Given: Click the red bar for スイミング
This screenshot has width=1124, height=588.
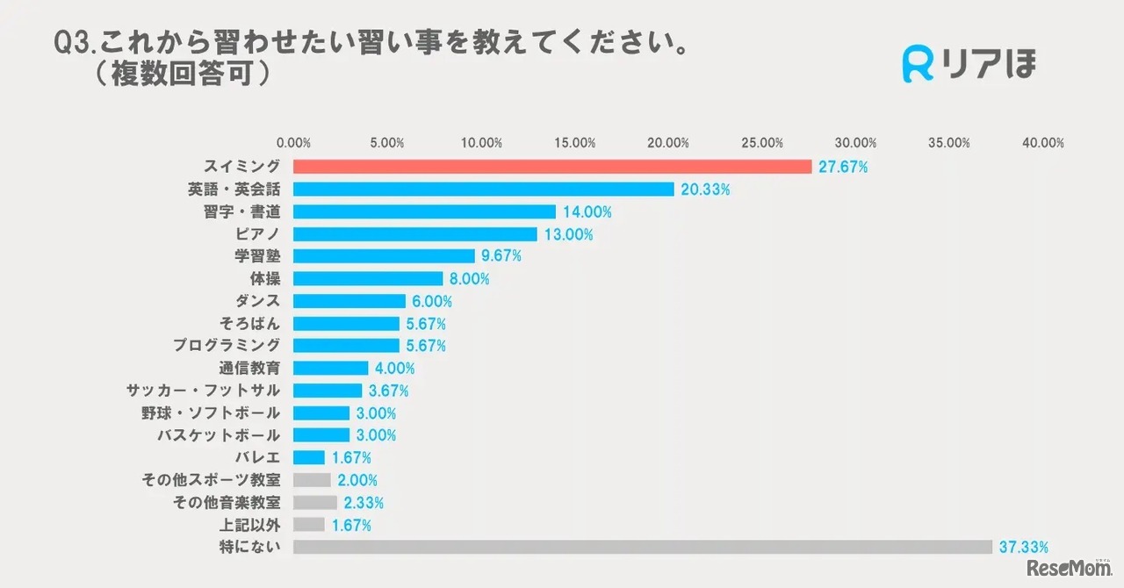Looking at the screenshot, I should point(552,167).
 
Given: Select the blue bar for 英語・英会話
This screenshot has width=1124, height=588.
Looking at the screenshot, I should point(483,190).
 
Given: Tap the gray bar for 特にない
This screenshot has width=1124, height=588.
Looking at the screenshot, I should point(642,547).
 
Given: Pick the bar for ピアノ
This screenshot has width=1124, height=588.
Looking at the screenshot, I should point(414,234).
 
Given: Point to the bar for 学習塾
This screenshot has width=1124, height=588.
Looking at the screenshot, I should point(384,256).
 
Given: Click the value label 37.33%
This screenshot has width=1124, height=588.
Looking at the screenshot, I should point(1024,547).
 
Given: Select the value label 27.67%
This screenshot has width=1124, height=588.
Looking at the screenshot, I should point(843,167).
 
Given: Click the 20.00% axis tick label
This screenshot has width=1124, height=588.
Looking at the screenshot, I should point(668,142).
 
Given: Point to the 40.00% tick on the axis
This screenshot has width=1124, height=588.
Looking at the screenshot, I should point(1042,142).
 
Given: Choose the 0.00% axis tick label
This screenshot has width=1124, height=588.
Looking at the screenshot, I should point(293,142).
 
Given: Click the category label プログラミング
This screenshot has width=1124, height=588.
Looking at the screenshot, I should point(227,346).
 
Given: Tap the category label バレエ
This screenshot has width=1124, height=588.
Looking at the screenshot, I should point(257,457).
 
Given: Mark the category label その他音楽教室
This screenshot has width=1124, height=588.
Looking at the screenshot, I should point(227,502).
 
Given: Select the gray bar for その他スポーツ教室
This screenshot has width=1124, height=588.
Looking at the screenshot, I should point(312,480).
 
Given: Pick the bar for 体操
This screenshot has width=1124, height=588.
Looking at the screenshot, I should point(368,279).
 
